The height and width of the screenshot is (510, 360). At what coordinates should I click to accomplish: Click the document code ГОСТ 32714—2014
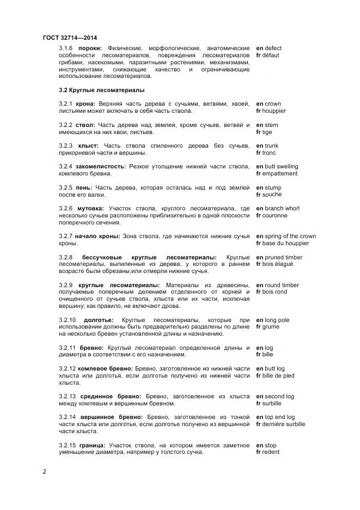[70, 38]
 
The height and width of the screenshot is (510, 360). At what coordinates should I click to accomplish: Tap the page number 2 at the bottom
[45, 471]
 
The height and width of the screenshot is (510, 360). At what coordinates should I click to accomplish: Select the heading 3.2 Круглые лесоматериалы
[101, 90]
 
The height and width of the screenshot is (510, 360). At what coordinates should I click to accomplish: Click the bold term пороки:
[90, 48]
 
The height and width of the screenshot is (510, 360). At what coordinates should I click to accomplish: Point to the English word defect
[273, 48]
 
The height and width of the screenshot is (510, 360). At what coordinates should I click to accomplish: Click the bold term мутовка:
[90, 209]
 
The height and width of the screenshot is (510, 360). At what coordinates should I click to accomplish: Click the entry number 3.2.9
[65, 285]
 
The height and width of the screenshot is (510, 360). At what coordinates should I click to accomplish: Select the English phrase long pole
[277, 320]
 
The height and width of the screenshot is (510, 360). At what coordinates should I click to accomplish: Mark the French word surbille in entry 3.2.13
[272, 403]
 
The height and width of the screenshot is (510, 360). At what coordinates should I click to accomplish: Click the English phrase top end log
[279, 417]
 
